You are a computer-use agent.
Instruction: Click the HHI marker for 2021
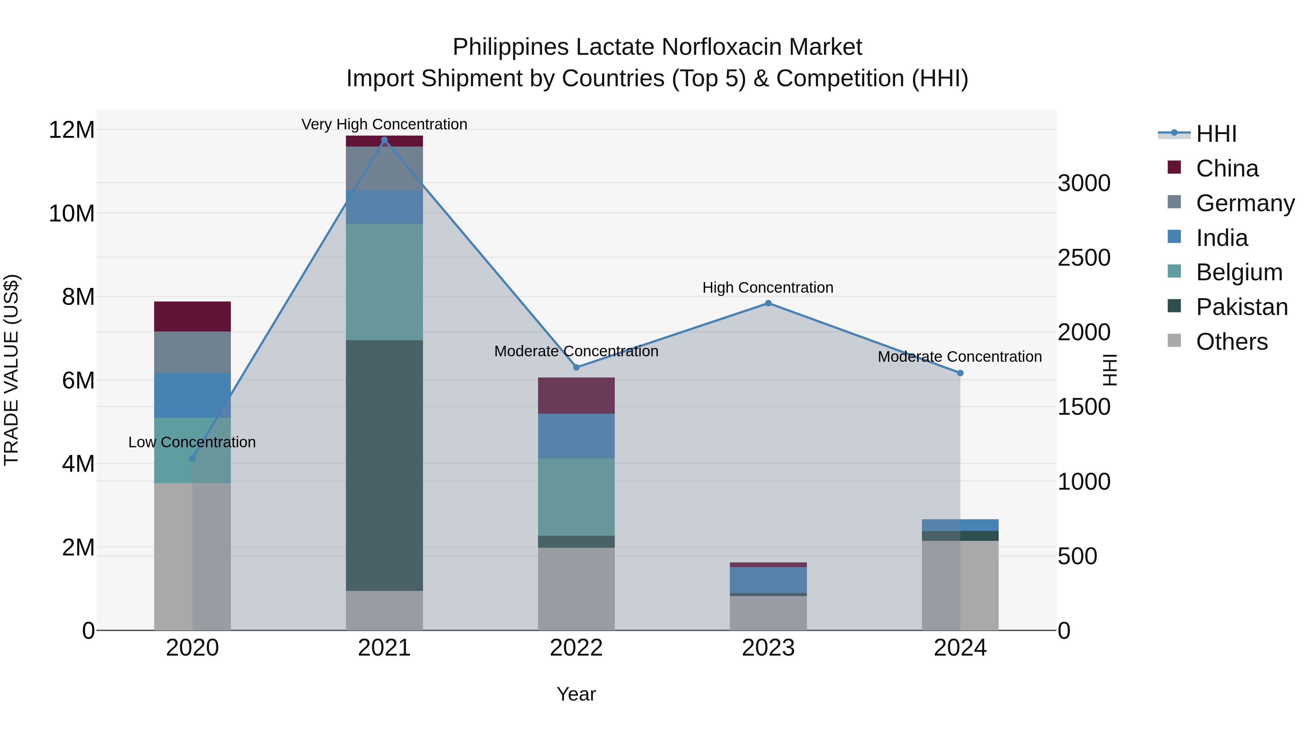click(384, 140)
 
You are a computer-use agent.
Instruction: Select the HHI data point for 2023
click(768, 303)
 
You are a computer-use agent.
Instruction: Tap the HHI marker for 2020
click(193, 458)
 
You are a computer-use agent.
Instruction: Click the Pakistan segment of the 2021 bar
click(384, 465)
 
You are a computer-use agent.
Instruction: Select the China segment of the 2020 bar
click(193, 316)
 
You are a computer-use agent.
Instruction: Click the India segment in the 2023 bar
click(768, 580)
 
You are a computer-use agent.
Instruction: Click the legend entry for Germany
click(1245, 203)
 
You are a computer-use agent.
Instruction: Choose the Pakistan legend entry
click(1242, 307)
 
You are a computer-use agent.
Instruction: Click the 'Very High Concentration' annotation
click(384, 124)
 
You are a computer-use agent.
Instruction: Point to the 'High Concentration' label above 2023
click(768, 288)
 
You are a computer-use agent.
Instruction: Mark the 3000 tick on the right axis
click(1084, 183)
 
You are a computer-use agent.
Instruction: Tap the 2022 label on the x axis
click(576, 648)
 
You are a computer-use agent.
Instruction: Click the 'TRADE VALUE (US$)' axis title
click(11, 370)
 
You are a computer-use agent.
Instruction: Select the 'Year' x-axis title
click(576, 694)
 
